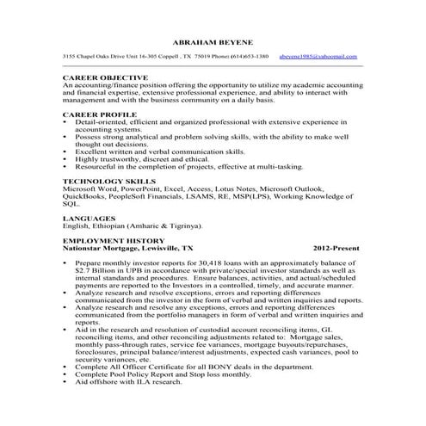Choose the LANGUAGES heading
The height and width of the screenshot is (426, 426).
click(x=88, y=219)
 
